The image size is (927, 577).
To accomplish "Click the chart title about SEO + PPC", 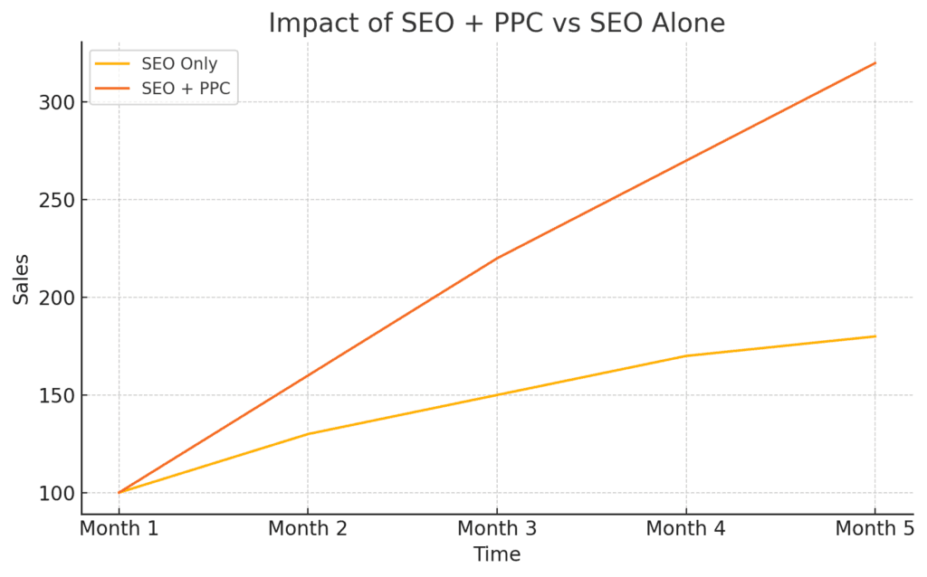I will tap(496, 23).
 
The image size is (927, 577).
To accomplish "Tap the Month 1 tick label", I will tap(119, 528).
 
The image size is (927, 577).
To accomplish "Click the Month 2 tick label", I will tap(308, 528).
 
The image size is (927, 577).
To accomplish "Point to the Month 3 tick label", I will tap(497, 528).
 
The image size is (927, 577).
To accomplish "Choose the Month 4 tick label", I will tap(686, 528).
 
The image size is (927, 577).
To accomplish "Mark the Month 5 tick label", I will tap(874, 528).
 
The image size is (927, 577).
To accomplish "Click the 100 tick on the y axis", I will tap(57, 493).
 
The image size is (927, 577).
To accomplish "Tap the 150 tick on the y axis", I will tap(57, 395).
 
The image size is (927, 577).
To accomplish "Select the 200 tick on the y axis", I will tap(57, 298).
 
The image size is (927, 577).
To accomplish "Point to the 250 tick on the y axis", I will tap(57, 200).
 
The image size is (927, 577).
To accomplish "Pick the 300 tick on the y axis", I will tap(57, 102).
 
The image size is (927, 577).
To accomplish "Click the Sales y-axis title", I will tap(21, 279).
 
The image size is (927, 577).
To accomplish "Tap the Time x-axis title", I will tap(497, 553).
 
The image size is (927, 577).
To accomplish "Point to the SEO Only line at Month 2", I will tap(308, 434).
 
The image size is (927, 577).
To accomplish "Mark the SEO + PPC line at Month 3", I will tap(497, 258).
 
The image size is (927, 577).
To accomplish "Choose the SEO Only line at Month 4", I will tap(686, 355).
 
